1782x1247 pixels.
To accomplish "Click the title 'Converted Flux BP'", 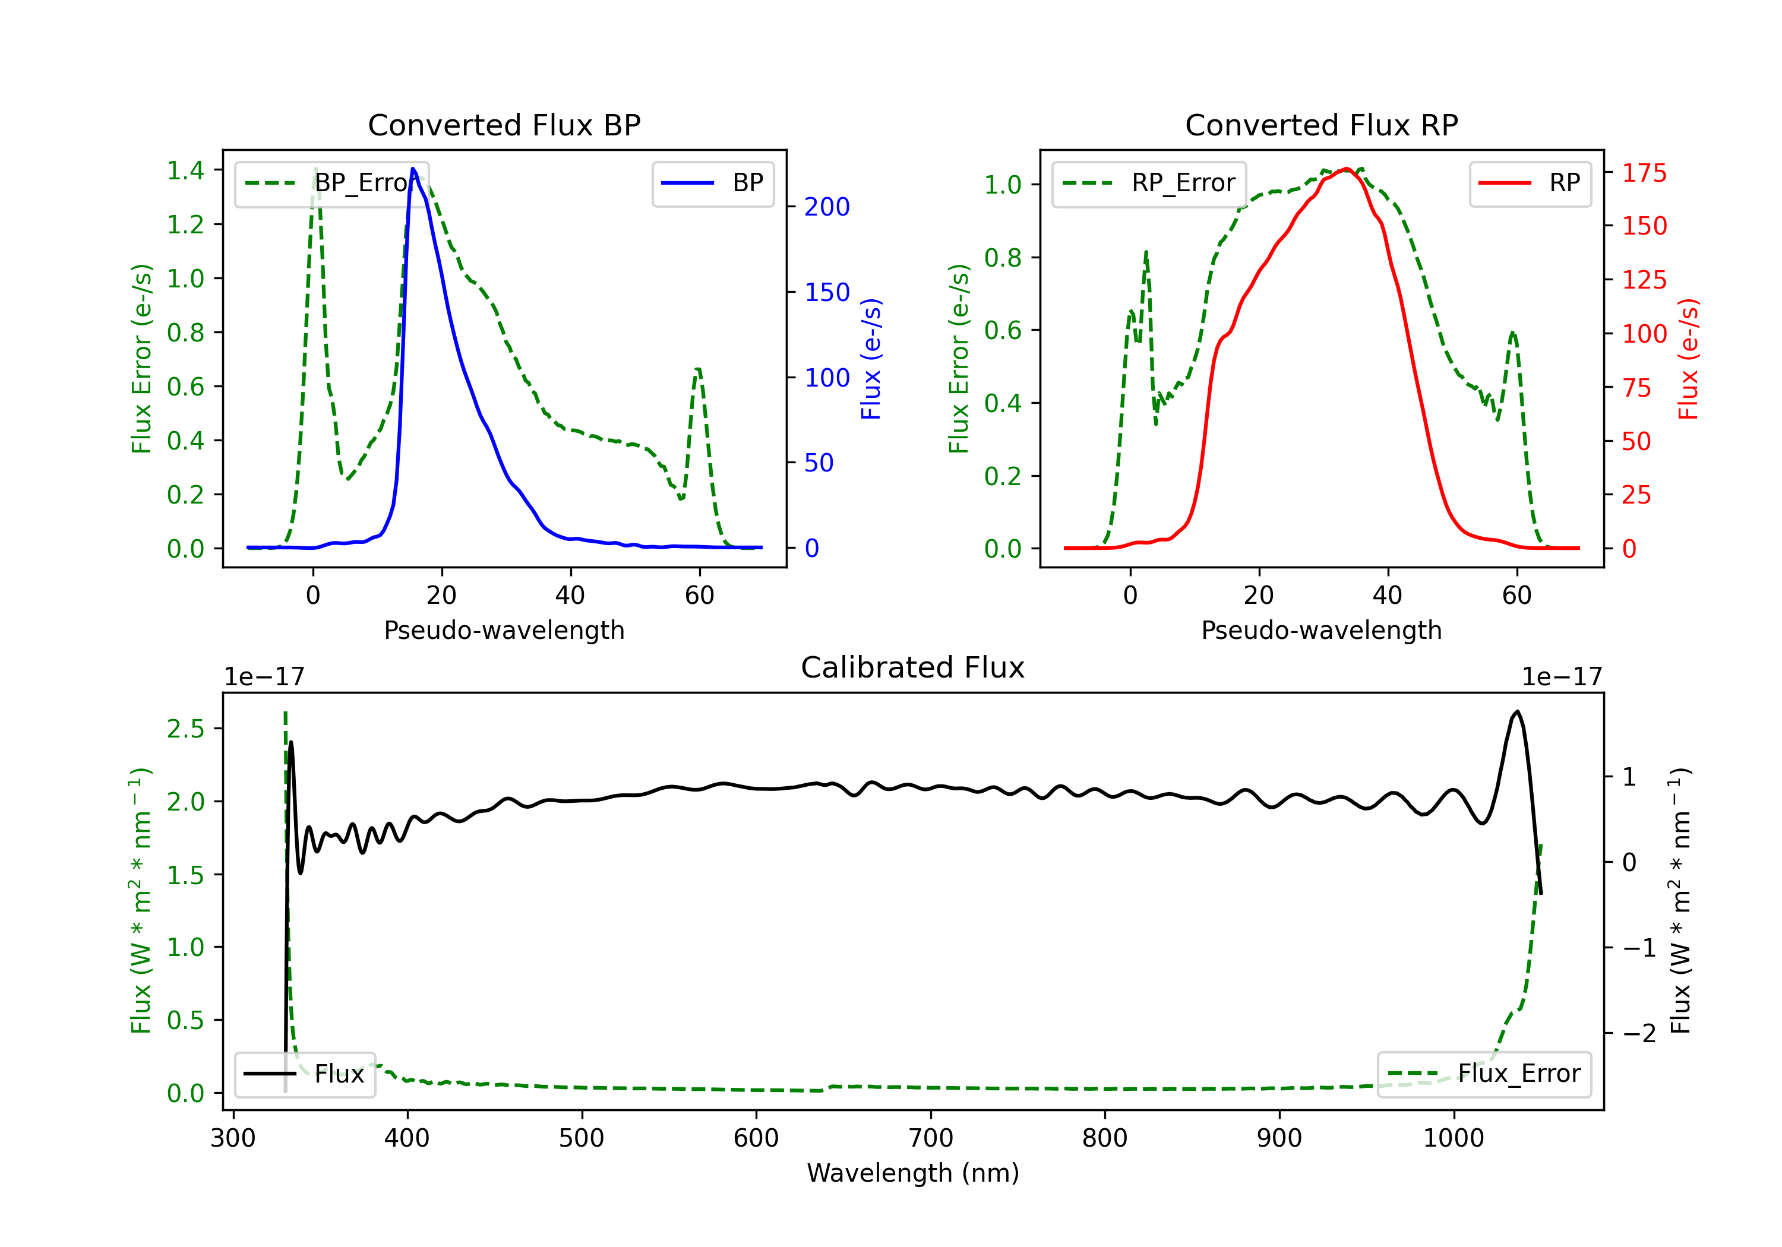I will click(504, 125).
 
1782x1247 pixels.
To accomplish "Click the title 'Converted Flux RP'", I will click(1321, 125).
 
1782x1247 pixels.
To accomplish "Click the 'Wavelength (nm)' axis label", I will click(913, 1173).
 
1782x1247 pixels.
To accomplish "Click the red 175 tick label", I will click(1644, 173).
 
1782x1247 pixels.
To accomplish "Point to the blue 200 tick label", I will click(827, 207).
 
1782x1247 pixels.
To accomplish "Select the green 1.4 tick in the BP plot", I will click(185, 170).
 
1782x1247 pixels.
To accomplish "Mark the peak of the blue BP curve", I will click(413, 169).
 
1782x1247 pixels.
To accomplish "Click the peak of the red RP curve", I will click(1347, 169).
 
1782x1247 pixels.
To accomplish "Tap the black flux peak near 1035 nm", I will click(1517, 711).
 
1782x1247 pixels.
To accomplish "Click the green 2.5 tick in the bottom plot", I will click(185, 729).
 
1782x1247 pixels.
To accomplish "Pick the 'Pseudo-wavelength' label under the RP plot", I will click(1321, 630).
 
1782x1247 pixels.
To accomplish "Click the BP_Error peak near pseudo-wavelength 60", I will click(698, 369).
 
